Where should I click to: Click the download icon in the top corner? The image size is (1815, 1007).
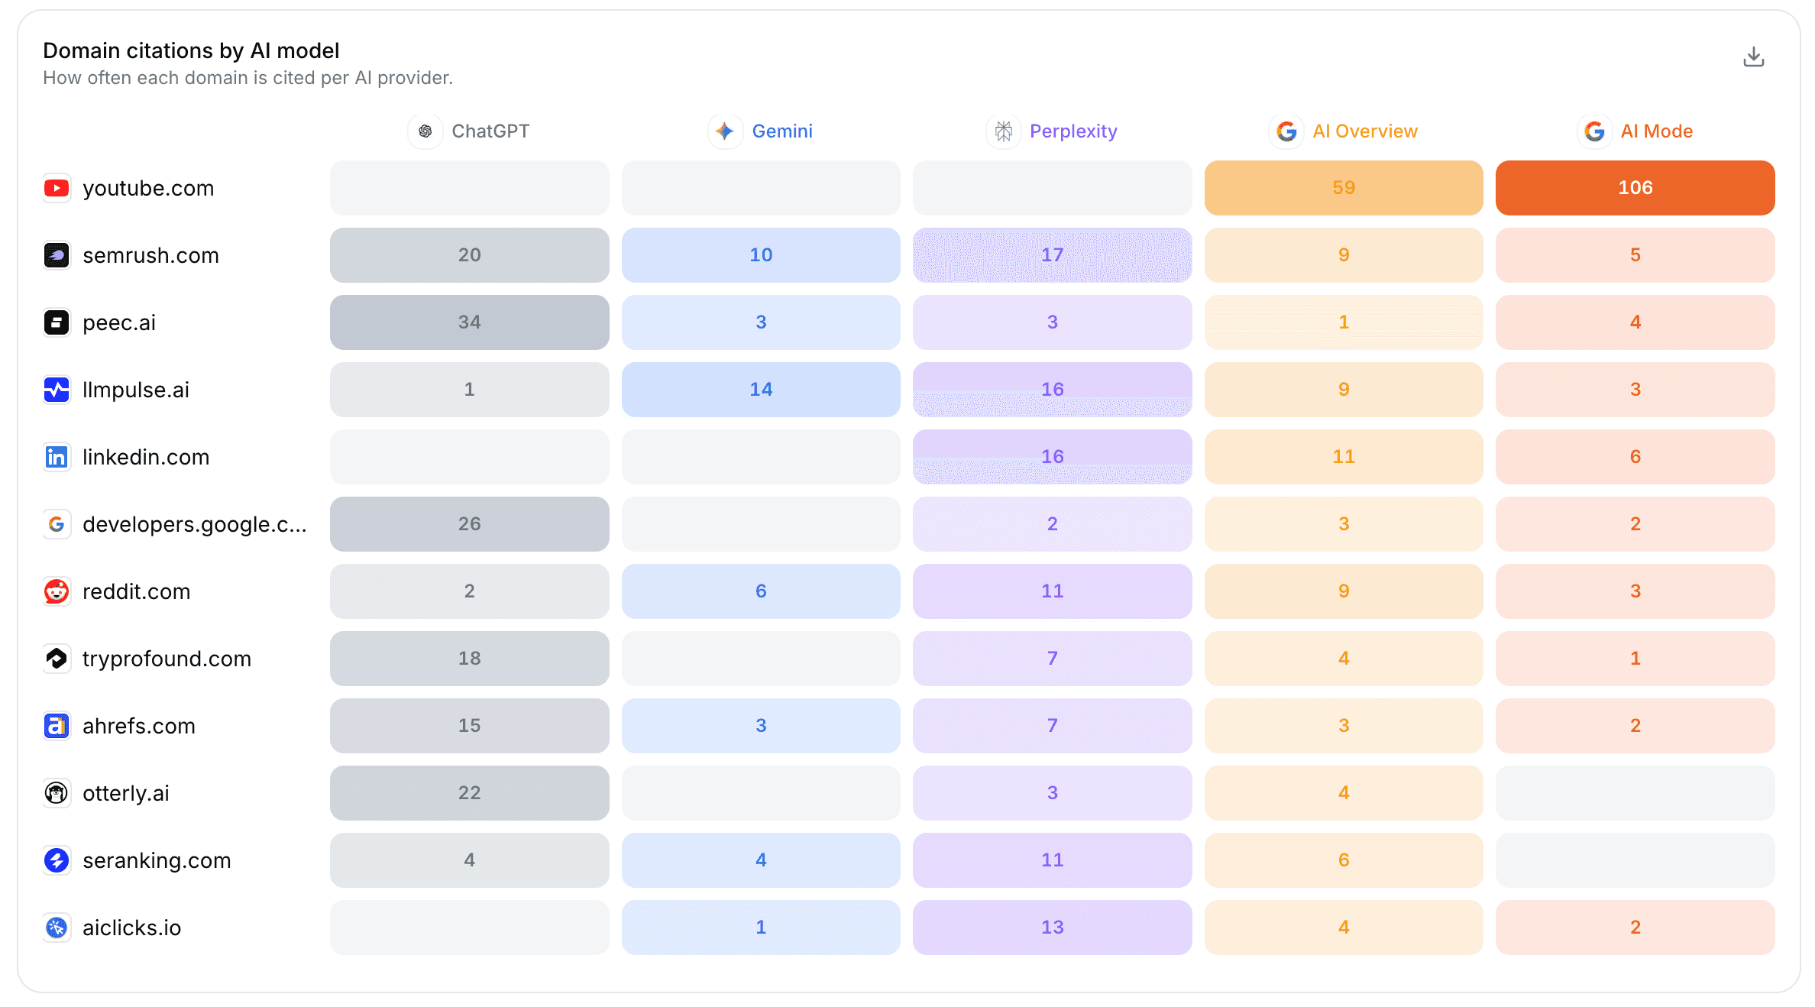click(1753, 57)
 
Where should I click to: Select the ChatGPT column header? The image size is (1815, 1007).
click(469, 131)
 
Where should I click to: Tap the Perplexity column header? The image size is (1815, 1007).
click(1052, 131)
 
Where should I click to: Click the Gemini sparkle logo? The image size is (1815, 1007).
click(725, 131)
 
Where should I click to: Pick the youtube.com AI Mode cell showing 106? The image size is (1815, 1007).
click(1635, 188)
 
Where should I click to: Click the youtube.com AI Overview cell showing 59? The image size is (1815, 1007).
click(1344, 188)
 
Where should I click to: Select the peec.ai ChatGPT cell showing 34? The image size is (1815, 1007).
click(469, 322)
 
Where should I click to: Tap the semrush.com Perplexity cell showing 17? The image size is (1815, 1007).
click(1052, 255)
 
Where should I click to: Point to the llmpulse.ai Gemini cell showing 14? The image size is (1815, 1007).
click(761, 390)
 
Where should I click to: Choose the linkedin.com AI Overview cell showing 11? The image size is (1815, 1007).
click(1344, 457)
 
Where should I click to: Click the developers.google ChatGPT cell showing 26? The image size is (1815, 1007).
click(469, 524)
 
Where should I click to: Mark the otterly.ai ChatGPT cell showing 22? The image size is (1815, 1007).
click(469, 793)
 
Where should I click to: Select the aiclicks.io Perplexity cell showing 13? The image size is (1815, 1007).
click(1052, 928)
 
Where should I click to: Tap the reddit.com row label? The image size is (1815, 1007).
click(136, 591)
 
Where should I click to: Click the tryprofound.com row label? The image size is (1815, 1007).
click(167, 659)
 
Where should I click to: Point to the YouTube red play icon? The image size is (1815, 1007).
click(57, 188)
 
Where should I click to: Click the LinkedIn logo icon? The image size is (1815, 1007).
click(57, 457)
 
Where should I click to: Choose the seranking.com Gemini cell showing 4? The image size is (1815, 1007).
click(761, 860)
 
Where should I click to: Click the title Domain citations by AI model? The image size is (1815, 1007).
click(191, 50)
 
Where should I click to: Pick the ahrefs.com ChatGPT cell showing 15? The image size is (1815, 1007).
click(469, 726)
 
